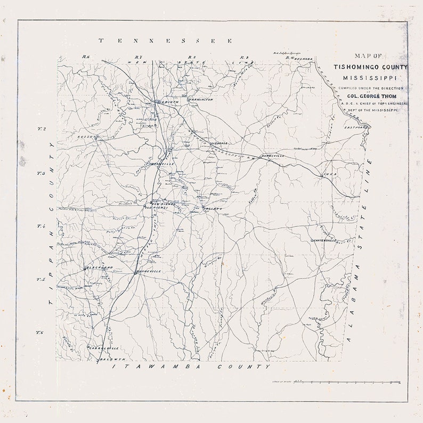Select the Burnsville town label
pos(272,156)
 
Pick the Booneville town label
pos(149,272)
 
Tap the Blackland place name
pos(100,267)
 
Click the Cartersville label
pos(324,241)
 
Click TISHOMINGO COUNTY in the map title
pos(371,67)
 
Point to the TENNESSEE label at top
pos(165,40)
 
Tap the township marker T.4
pos(39,227)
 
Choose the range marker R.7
pos(138,58)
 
